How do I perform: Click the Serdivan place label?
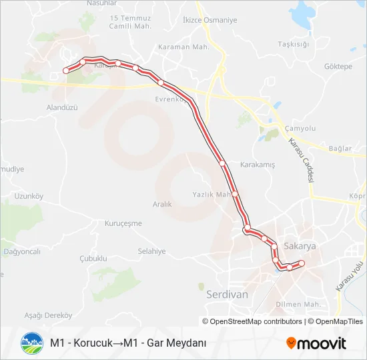(x=228, y=293)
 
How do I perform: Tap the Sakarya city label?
(x=299, y=246)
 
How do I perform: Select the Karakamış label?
(x=257, y=164)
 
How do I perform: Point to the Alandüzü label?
(x=63, y=107)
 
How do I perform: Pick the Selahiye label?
(x=151, y=251)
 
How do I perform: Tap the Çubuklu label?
(x=93, y=258)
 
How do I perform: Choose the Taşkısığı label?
(x=294, y=44)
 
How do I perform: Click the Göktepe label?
(x=338, y=67)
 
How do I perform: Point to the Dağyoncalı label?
(x=22, y=251)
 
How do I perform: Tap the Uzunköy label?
(x=29, y=196)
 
